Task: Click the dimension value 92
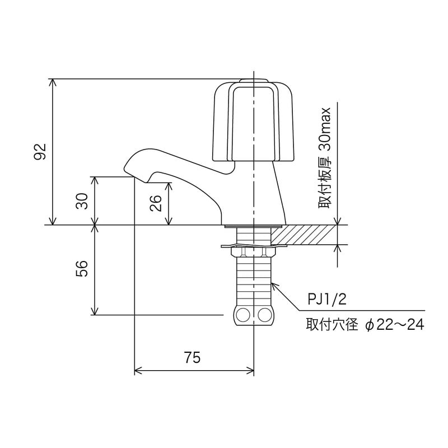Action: [x=40, y=152]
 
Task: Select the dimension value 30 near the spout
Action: [x=82, y=200]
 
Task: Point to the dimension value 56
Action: [x=82, y=269]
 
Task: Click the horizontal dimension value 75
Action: [x=192, y=357]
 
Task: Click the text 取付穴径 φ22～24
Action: [x=365, y=325]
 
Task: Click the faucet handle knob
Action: [x=254, y=120]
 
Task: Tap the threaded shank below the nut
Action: [x=254, y=283]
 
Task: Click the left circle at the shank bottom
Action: [x=243, y=315]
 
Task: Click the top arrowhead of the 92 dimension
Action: [x=53, y=82]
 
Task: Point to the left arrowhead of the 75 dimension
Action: [x=138, y=370]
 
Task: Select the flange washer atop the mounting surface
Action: [x=253, y=226]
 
